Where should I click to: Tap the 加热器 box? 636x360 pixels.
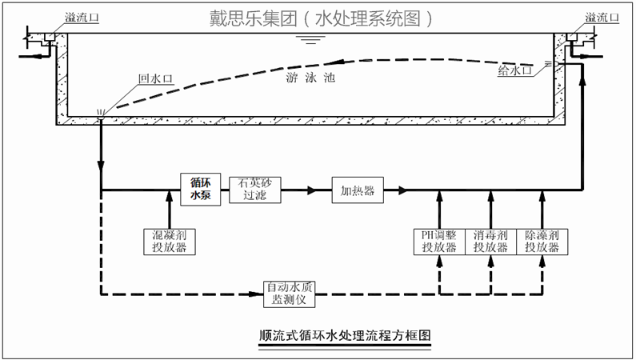(358, 191)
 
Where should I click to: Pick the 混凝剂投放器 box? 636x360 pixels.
(169, 241)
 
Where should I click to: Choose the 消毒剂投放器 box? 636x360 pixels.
(490, 241)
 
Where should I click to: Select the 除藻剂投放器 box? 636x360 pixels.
(542, 241)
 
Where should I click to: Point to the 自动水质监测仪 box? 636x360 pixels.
(291, 294)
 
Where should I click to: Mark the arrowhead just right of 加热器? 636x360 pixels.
(402, 191)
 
